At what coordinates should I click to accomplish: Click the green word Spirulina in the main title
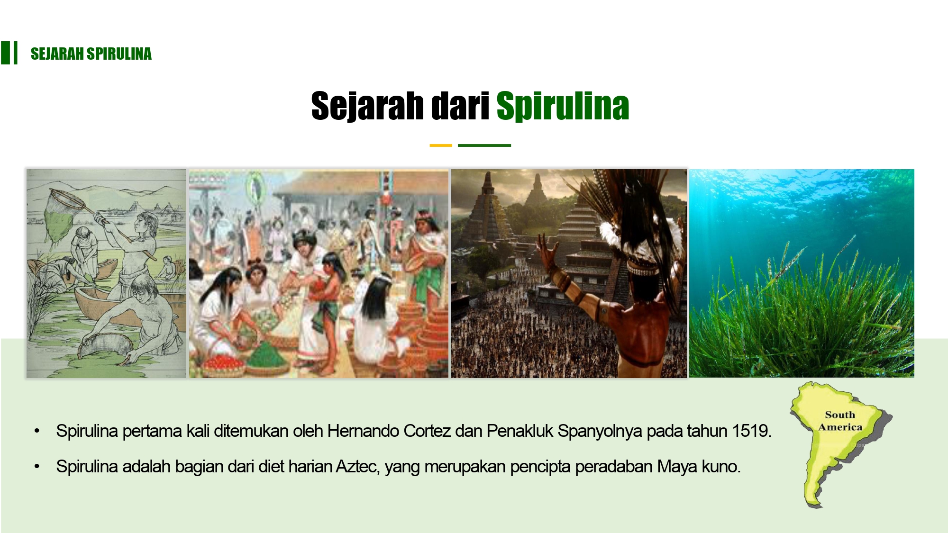click(563, 106)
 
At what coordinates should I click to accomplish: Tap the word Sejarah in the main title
click(367, 106)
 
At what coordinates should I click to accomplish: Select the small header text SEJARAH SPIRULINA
click(91, 54)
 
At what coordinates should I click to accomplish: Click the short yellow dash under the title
click(440, 145)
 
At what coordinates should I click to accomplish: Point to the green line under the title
click(484, 145)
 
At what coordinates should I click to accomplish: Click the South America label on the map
click(840, 421)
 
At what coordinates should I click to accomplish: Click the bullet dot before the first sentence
click(37, 431)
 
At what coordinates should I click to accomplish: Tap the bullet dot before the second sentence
click(37, 467)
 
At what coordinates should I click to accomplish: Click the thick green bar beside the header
click(5, 53)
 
